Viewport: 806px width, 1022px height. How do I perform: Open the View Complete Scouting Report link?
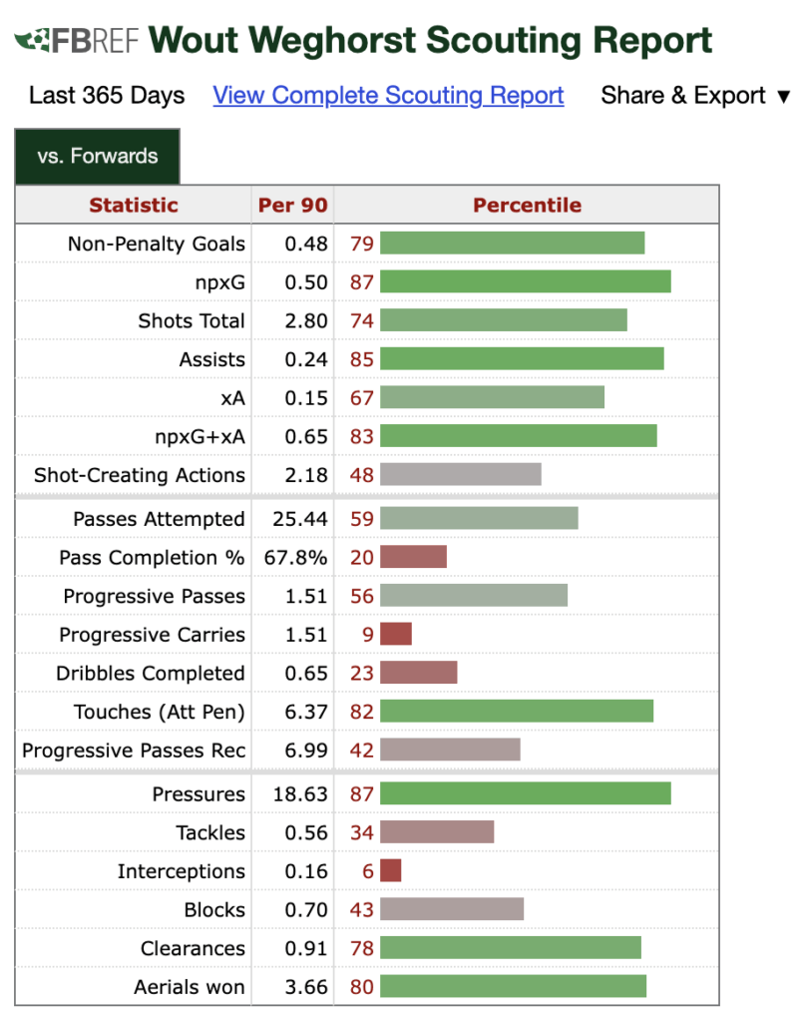[388, 96]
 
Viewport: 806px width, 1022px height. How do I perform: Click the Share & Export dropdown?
[694, 96]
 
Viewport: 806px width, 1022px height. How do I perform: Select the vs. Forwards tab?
[98, 157]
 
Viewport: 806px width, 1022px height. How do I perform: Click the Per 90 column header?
[292, 206]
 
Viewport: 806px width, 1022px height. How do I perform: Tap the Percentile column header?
[527, 206]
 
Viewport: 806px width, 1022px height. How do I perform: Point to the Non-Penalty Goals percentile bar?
[512, 244]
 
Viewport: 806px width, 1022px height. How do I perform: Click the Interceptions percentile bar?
[390, 871]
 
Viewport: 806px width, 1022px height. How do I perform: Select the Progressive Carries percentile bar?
[396, 635]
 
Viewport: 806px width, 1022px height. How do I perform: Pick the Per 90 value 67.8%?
[295, 558]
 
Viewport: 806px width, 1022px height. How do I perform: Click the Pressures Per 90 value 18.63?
[300, 794]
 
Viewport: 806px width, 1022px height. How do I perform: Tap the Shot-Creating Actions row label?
[140, 475]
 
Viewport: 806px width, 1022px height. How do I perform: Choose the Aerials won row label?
[190, 988]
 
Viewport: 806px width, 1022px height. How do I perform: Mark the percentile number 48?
[362, 475]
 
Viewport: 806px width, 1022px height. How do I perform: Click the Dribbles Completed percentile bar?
[418, 674]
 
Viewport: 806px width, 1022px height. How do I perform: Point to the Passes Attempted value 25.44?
[300, 519]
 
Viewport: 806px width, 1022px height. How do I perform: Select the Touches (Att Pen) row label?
[160, 712]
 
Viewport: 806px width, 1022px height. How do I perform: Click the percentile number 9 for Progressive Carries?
[368, 635]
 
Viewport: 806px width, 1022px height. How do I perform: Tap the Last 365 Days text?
[107, 96]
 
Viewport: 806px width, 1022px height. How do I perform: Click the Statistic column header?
[134, 206]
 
